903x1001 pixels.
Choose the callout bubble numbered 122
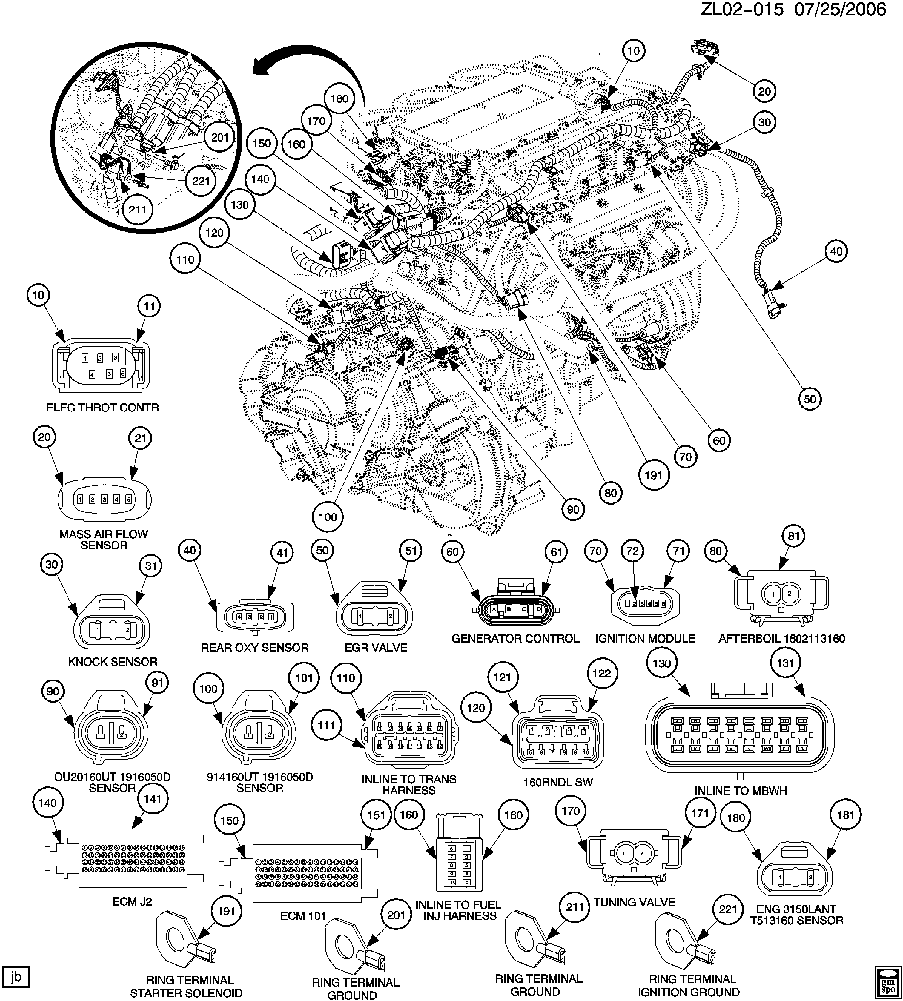pos(602,673)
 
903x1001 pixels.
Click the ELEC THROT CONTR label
pos(103,408)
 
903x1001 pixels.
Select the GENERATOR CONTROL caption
pos(515,639)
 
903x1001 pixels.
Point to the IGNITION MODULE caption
pos(645,639)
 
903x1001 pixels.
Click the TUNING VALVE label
pos(634,902)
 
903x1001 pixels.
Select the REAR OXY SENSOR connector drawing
pos(255,617)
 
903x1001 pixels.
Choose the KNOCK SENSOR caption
pos(113,661)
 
